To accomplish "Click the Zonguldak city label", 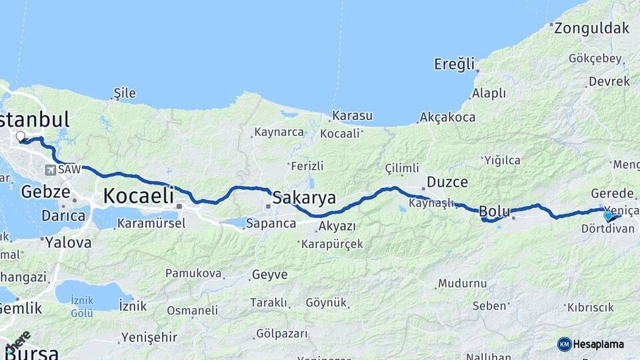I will (591, 28).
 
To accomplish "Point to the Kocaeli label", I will (138, 195).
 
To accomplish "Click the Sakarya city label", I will (304, 198).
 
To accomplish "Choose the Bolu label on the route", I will (495, 211).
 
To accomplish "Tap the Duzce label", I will (447, 181).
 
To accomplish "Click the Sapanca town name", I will (271, 223).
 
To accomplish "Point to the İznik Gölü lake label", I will (82, 306).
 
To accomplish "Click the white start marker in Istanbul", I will (21, 137).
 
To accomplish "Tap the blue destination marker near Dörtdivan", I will (608, 215).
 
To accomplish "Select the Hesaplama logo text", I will (598, 344).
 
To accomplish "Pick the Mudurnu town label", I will (463, 283).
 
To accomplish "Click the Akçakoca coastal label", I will (447, 117).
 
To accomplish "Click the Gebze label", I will (45, 192).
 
